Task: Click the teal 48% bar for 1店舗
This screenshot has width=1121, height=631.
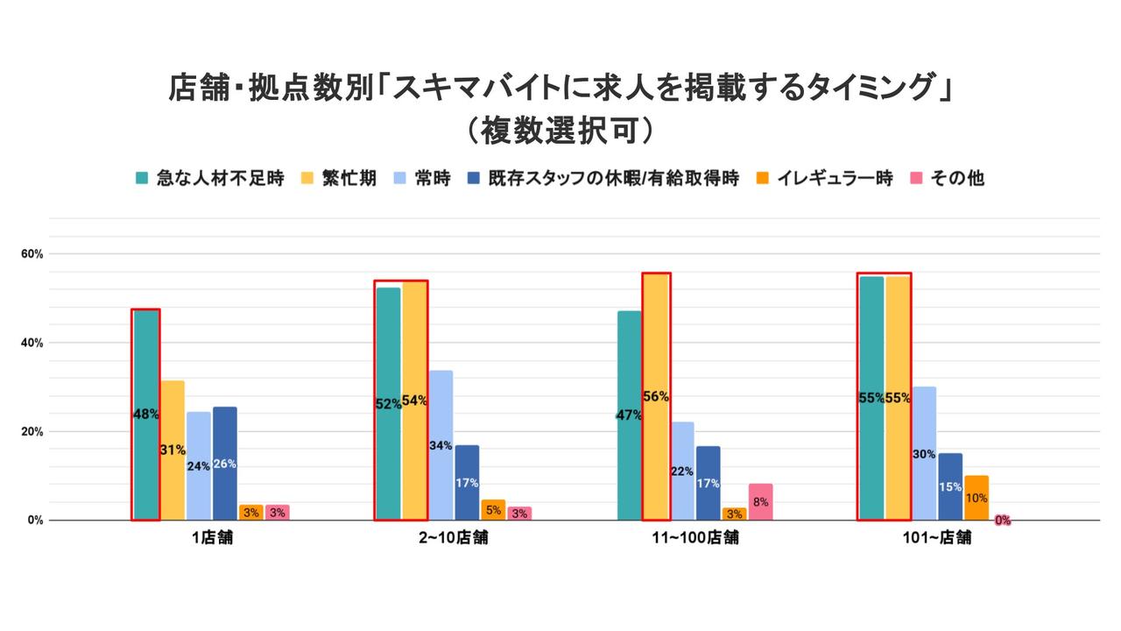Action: (145, 415)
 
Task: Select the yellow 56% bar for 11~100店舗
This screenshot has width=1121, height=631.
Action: (656, 396)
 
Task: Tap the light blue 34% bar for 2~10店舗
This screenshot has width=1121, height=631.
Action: (441, 445)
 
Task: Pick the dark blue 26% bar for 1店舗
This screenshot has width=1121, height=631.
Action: (225, 464)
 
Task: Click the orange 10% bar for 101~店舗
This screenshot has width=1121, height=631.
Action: (976, 498)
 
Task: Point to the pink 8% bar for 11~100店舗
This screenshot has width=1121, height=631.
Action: (761, 502)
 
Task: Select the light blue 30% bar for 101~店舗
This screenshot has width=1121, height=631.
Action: (924, 453)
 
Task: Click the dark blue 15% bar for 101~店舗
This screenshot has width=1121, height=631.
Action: (950, 486)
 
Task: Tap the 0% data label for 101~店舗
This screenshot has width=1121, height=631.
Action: (1003, 520)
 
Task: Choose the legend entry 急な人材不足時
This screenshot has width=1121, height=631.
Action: (210, 178)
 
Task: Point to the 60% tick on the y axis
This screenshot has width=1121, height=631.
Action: (32, 254)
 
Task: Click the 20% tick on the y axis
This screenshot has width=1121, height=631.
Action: (32, 431)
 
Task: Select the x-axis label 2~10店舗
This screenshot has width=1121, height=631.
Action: (453, 538)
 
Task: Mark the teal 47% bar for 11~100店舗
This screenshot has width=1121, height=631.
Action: (629, 415)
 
